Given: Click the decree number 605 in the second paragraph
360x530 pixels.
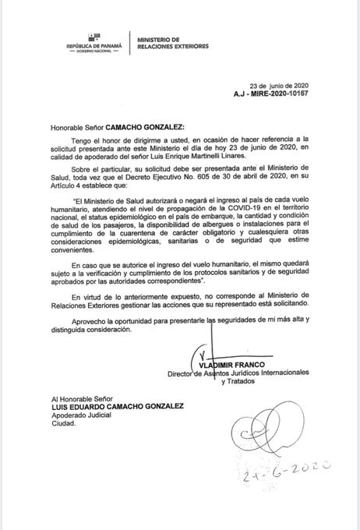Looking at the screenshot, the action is [217, 175].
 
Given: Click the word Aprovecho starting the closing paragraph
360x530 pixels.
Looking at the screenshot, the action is [88, 321].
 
